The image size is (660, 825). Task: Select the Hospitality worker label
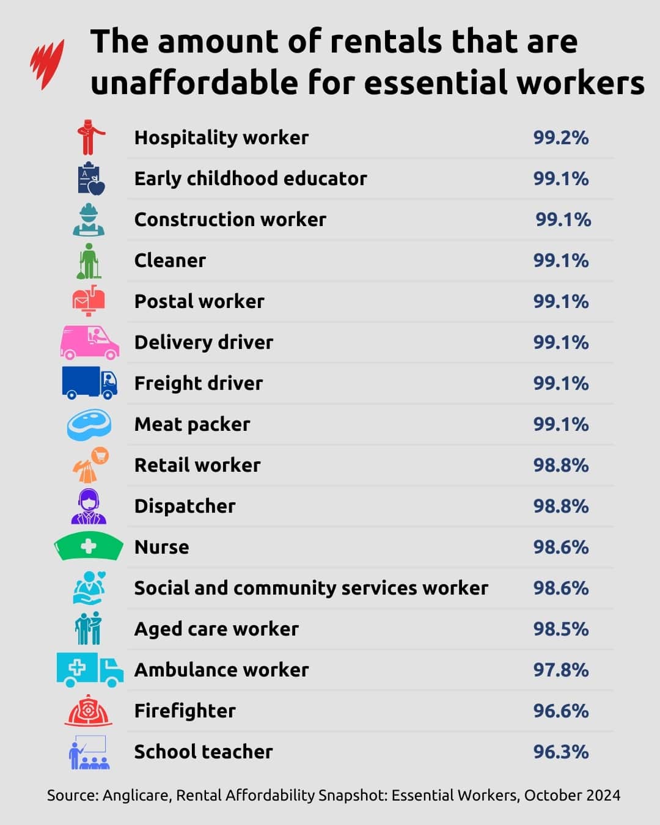click(221, 137)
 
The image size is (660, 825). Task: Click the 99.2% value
click(560, 137)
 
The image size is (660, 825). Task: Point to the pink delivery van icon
click(89, 342)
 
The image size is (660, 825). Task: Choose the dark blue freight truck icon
click(89, 383)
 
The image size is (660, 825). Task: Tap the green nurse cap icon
click(89, 546)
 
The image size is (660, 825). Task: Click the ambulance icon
click(89, 670)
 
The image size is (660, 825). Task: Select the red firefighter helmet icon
click(89, 711)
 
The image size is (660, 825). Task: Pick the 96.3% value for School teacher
click(560, 752)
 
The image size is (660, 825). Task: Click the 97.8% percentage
click(560, 670)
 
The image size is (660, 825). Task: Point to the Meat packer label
click(192, 424)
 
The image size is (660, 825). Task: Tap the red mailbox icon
click(89, 300)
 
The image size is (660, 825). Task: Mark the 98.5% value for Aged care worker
click(560, 629)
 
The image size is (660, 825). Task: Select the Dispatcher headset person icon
click(89, 507)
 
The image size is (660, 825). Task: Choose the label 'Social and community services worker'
click(311, 588)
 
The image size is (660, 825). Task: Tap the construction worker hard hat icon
click(89, 219)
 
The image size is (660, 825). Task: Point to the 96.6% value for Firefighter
click(560, 711)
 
